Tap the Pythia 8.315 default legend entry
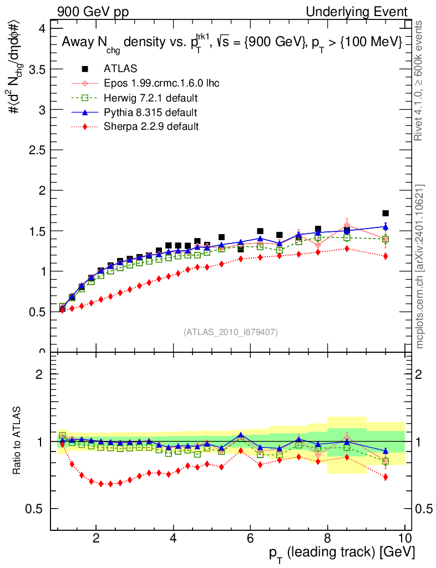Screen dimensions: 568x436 coord(150,113)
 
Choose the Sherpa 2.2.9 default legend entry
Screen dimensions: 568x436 coord(151,126)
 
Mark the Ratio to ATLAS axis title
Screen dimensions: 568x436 coord(18,439)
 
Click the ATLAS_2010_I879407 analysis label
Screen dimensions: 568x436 coord(231,332)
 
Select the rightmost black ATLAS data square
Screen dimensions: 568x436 coord(386,213)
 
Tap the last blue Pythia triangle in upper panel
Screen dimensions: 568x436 coord(386,226)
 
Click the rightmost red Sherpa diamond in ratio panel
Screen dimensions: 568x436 coord(386,477)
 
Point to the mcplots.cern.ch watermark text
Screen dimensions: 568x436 coord(420,266)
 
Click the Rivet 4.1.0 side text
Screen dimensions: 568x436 coord(420,80)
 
